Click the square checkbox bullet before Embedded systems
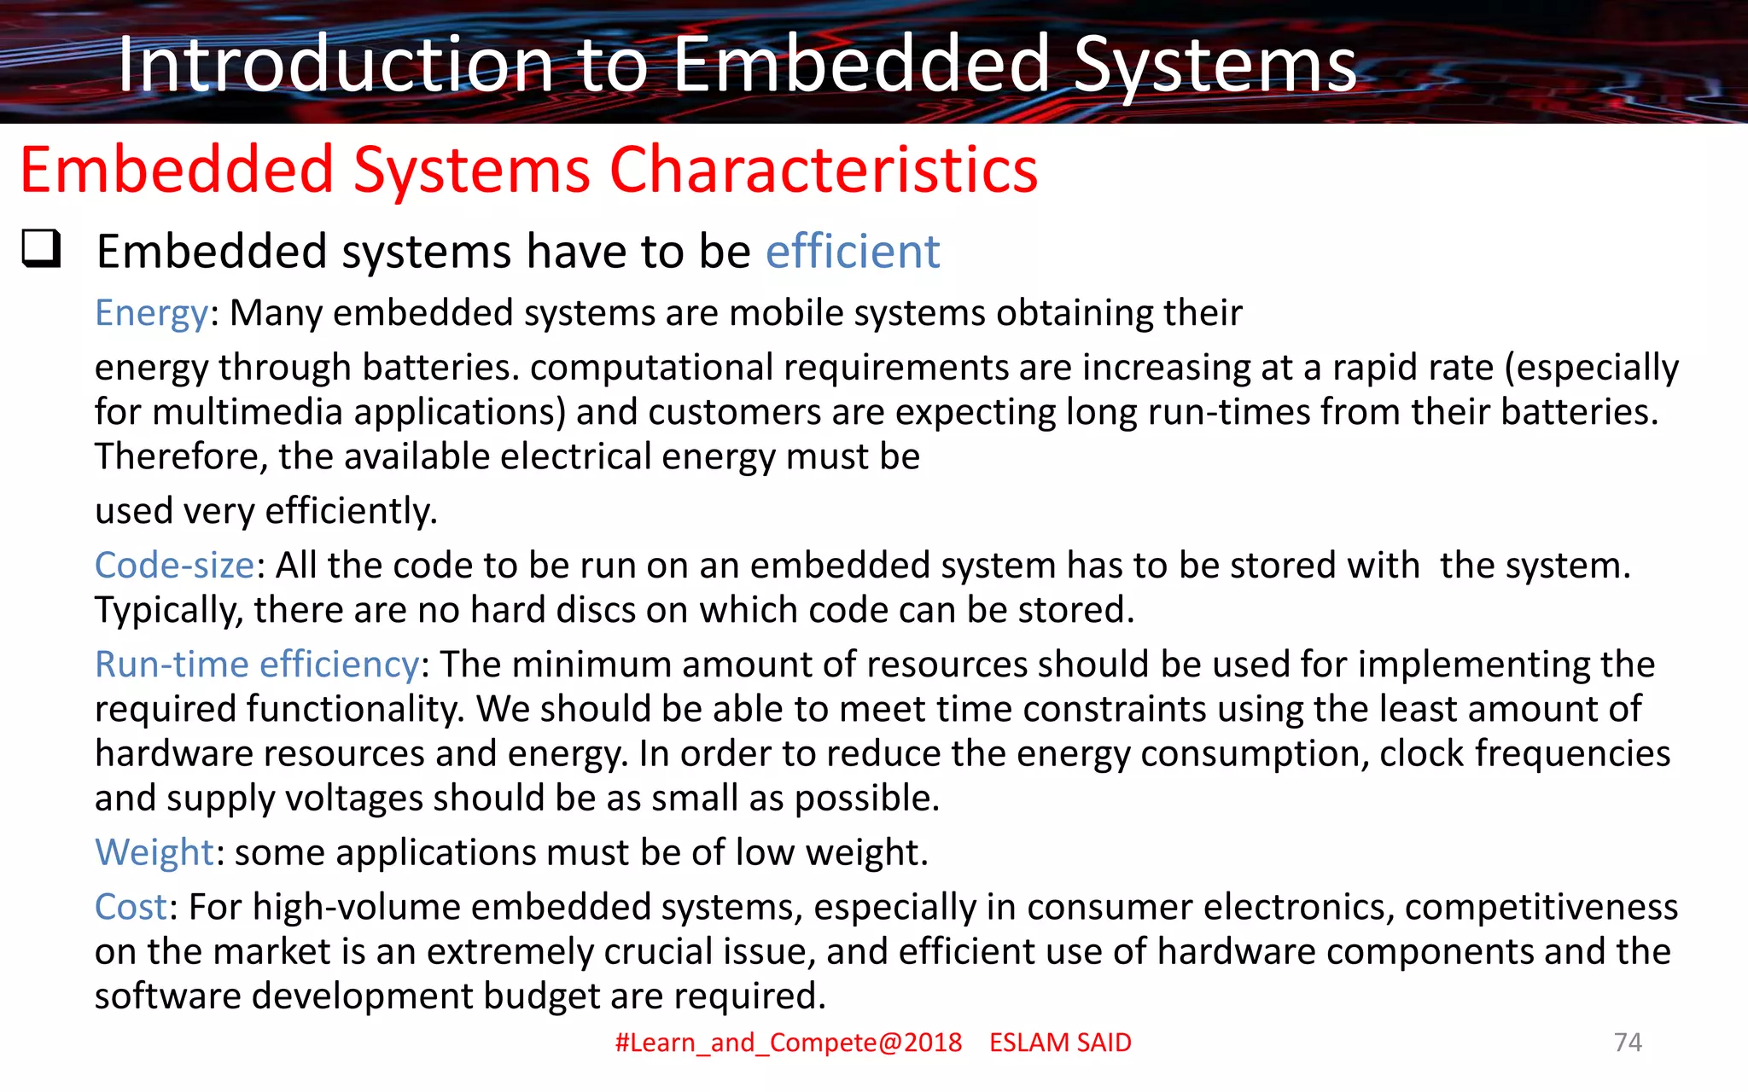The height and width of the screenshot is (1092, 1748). click(41, 249)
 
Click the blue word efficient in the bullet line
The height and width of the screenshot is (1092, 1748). click(852, 252)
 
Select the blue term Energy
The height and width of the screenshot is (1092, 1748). click(151, 313)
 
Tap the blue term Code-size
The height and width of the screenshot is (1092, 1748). click(174, 566)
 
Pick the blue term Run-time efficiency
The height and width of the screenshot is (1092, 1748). click(257, 665)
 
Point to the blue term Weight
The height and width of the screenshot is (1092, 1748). click(154, 852)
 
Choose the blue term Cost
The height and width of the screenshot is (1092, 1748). click(131, 907)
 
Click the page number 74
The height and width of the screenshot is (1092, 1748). click(1628, 1043)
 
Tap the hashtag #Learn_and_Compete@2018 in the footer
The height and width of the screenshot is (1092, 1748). click(788, 1043)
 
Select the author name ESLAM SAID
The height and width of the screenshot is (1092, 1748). click(1060, 1043)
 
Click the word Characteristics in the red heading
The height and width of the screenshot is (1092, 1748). click(823, 170)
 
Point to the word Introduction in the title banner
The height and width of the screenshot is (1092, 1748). click(335, 65)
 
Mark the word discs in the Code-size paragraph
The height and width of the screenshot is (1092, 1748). click(595, 610)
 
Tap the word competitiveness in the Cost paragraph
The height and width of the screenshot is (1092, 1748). click(1541, 907)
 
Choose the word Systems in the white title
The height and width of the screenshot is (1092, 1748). click(1215, 65)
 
